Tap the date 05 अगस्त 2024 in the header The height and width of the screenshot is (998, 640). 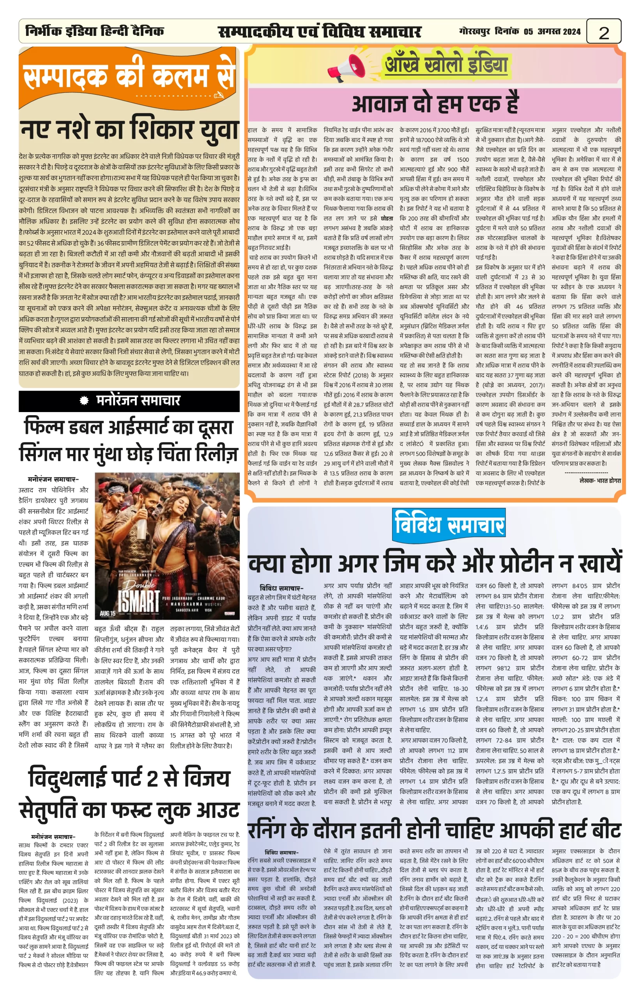click(552, 32)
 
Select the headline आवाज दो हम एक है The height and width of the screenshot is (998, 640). click(435, 104)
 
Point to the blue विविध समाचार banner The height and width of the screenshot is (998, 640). click(449, 525)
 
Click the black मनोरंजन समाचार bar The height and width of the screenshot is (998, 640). click(129, 401)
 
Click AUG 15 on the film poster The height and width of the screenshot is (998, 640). click(108, 613)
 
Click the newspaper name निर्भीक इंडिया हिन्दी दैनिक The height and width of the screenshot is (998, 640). click(94, 31)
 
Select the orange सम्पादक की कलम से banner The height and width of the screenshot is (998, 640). click(129, 76)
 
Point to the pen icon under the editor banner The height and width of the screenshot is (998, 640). click(218, 95)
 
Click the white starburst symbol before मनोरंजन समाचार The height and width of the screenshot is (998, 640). click(84, 401)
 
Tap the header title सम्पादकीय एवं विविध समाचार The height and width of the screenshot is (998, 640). click(320, 32)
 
